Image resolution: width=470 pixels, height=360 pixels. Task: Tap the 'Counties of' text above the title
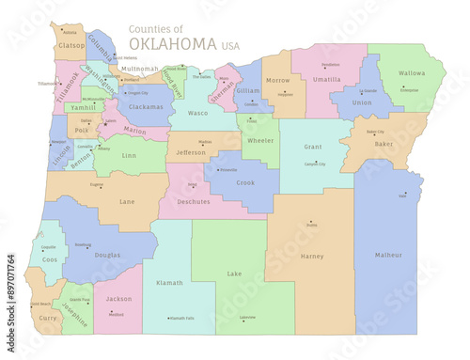click(156, 28)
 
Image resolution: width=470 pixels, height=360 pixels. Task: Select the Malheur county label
click(388, 255)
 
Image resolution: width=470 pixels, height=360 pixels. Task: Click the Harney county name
click(311, 256)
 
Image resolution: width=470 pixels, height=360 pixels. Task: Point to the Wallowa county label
click(411, 72)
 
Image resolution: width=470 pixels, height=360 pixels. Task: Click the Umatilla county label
click(326, 81)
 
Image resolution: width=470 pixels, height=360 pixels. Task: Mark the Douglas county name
click(108, 255)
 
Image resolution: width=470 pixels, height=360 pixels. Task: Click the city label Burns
click(312, 226)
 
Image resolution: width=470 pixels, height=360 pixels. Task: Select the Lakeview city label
click(247, 318)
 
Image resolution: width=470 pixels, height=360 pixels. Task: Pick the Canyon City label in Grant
click(313, 164)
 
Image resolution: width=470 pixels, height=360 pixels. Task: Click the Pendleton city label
click(331, 65)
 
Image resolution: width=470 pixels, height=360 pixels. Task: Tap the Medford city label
click(116, 315)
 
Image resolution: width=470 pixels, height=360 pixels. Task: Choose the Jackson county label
click(118, 299)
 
